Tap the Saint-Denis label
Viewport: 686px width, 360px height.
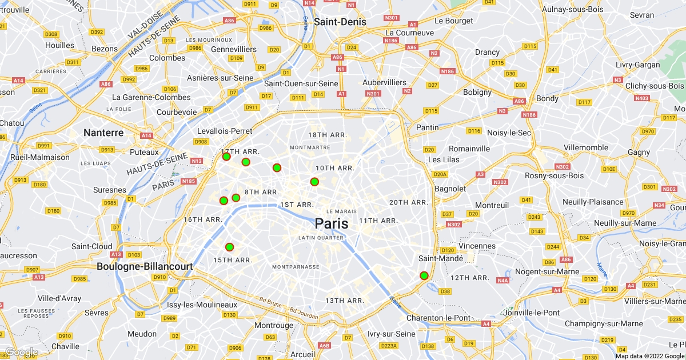point(340,22)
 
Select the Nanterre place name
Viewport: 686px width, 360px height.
point(103,133)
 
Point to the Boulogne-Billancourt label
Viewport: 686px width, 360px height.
point(144,266)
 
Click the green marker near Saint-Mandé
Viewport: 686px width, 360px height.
point(424,275)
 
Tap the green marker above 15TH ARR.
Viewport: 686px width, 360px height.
point(229,247)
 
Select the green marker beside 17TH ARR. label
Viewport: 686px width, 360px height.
point(226,157)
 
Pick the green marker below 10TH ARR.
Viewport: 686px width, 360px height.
point(314,182)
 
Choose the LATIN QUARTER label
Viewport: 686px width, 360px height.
point(321,238)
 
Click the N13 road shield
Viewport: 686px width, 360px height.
point(197,161)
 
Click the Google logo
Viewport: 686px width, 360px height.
point(21,352)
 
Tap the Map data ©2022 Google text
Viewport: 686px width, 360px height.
point(649,356)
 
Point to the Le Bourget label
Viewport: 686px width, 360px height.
point(454,21)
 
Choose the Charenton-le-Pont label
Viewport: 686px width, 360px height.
point(438,318)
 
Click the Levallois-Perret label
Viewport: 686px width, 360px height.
point(225,131)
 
